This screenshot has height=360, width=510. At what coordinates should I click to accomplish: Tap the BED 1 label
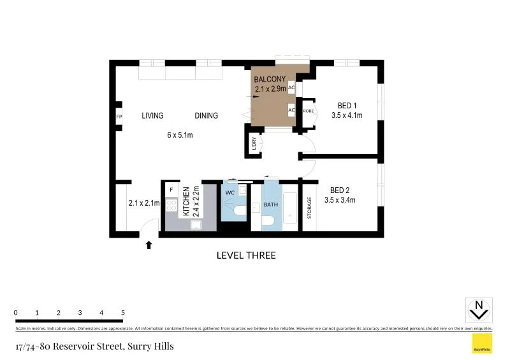pos(347,106)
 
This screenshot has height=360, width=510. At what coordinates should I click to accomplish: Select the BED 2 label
pos(339,190)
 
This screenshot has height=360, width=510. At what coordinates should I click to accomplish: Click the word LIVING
pos(152,116)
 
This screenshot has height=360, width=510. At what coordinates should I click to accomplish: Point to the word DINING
pos(206,116)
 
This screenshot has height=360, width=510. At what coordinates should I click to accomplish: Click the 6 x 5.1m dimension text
pos(180,135)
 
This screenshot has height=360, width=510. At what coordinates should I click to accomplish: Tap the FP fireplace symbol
pos(119,117)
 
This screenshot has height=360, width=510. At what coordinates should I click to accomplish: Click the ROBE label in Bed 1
pos(309,111)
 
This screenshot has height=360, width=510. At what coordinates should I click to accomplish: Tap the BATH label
pos(270,205)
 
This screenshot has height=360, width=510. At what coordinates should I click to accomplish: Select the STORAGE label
pos(310,208)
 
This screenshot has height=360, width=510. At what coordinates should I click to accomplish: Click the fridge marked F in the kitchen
pos(171,189)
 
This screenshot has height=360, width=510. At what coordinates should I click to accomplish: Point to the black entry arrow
pos(149,244)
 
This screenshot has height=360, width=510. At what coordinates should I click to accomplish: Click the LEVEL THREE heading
pos(246,256)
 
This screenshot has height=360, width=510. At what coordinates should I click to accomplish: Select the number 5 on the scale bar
pos(122,313)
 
